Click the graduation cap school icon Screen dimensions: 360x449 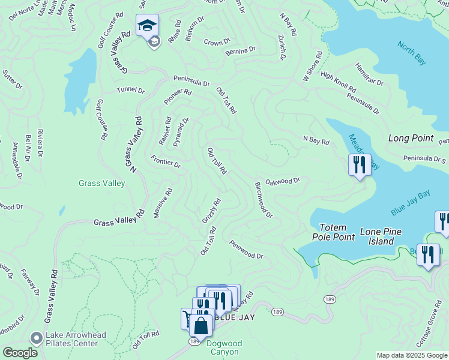click(147, 26)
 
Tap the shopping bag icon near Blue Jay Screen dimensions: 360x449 click(201, 326)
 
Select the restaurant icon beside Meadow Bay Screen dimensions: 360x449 click(360, 164)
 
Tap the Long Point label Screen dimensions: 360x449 click(411, 138)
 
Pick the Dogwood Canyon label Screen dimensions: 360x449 click(224, 348)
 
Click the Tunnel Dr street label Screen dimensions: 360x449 click(131, 91)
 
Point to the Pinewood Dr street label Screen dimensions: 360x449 click(246, 250)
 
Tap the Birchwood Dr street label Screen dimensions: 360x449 click(264, 200)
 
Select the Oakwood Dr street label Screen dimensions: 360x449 click(282, 181)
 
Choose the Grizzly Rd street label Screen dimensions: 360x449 click(212, 212)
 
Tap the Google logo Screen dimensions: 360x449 click(20, 353)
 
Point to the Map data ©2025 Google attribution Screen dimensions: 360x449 click(412, 355)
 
